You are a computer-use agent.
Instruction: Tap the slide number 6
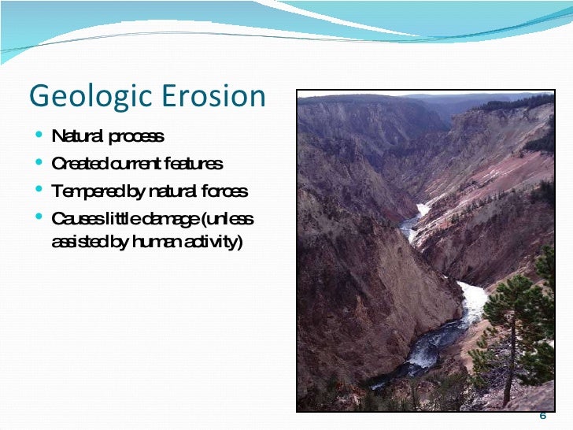pos(542,417)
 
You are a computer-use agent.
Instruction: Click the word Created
pos(78,164)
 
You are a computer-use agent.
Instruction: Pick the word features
pos(194,164)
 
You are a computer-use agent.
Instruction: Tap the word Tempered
pos(85,191)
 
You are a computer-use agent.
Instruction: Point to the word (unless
pos(231,218)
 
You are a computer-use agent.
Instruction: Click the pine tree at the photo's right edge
pos(520,323)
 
